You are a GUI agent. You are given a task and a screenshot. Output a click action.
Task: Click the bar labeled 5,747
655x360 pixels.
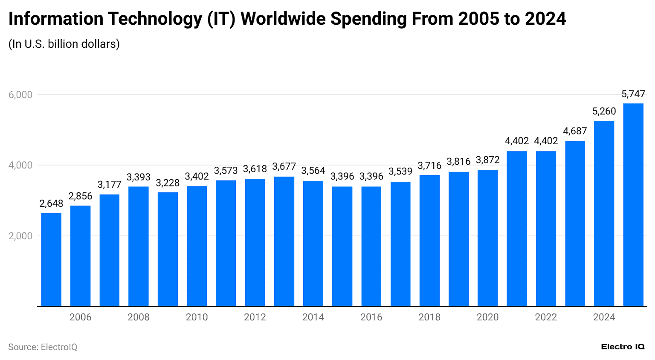point(633,205)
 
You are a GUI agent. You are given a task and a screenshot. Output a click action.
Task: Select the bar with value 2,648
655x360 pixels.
point(51,259)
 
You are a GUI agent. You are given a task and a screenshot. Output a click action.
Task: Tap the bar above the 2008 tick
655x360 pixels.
point(139,246)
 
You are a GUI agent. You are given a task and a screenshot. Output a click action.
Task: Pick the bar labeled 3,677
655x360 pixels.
point(284,241)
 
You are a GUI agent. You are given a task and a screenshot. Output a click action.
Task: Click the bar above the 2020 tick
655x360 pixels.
point(487,238)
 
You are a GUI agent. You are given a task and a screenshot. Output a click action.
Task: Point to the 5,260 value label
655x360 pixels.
point(604,111)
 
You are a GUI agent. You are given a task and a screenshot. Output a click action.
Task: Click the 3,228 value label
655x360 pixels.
point(168,183)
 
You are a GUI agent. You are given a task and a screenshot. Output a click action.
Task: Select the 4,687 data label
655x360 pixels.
point(575,131)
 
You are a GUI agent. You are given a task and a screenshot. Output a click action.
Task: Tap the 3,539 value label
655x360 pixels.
point(400,171)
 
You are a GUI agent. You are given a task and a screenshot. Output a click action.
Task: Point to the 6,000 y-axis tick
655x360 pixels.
point(20,95)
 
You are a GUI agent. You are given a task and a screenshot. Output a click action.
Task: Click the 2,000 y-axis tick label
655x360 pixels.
point(20,236)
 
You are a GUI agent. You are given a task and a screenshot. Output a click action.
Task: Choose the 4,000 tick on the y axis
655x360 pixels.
point(20,165)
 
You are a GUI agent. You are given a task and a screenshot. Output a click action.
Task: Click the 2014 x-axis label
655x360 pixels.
point(313,317)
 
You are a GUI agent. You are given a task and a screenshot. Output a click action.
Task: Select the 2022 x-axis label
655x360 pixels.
point(546,317)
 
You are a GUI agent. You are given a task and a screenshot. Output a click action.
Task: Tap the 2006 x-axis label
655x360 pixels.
point(80,317)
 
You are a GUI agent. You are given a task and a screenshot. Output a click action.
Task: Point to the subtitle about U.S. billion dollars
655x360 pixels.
point(64,44)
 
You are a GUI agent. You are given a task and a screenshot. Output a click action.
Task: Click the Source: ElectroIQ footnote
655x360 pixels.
point(43,347)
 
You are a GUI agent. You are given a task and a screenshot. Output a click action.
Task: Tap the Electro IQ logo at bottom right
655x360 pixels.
point(623,347)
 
